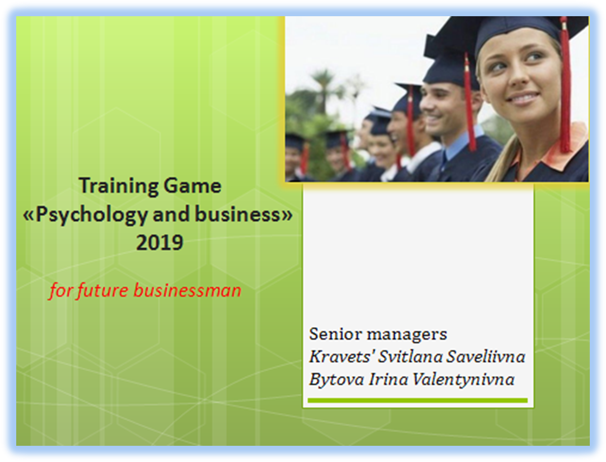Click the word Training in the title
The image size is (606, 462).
[x=118, y=186]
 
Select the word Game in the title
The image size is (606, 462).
[x=193, y=186]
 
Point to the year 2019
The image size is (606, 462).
[x=160, y=243]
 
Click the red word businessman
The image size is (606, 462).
[x=188, y=290]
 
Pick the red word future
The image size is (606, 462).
[x=103, y=291]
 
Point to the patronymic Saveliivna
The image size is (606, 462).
[x=486, y=356]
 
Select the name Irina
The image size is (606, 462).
[x=388, y=379]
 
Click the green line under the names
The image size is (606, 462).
[x=417, y=400]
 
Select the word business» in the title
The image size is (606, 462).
[x=244, y=214]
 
